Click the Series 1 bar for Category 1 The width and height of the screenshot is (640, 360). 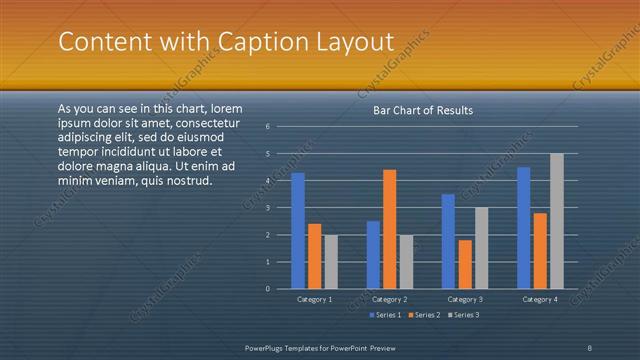coord(298,230)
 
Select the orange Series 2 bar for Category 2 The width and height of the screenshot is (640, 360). coord(389,229)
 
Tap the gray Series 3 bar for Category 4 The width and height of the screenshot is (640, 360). coord(557,221)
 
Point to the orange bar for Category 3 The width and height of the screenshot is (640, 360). coord(465,264)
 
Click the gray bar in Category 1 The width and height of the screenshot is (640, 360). coord(331,262)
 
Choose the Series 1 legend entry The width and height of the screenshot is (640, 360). coord(388,315)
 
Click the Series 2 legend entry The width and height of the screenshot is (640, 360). coord(424,315)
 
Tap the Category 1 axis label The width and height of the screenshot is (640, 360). coord(315,299)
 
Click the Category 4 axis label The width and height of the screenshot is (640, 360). coord(540,299)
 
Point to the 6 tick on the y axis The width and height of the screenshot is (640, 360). coord(268,127)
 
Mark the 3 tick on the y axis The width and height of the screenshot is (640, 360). coord(268,208)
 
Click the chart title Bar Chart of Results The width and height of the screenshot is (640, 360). coord(423,110)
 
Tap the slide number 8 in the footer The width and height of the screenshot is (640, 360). coord(589,347)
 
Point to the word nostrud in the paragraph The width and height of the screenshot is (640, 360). coord(189,181)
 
